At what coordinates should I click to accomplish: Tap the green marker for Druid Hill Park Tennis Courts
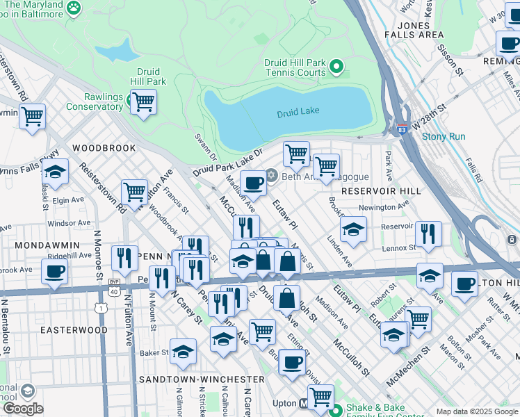pyautogui.click(x=337, y=67)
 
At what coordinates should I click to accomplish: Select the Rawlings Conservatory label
pyautogui.click(x=95, y=101)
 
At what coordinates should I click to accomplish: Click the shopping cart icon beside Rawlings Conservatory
pyautogui.click(x=143, y=101)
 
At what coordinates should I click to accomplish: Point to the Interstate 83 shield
pyautogui.click(x=403, y=129)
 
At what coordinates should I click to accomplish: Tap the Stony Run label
pyautogui.click(x=444, y=136)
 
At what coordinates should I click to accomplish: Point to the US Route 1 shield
pyautogui.click(x=103, y=306)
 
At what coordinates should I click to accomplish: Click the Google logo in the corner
pyautogui.click(x=23, y=409)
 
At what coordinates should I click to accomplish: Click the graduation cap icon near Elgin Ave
pyautogui.click(x=55, y=171)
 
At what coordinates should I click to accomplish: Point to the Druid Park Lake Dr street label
pyautogui.click(x=229, y=161)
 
